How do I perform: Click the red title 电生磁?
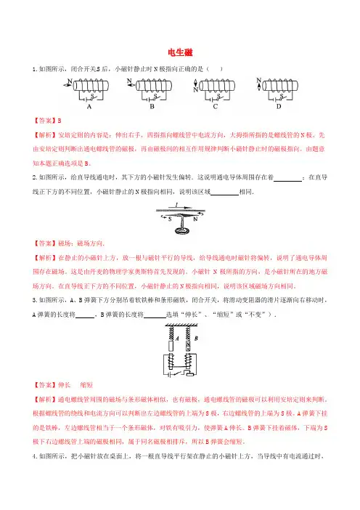tap(180, 52)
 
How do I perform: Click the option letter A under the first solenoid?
tap(89, 106)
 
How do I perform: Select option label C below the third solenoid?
tap(215, 106)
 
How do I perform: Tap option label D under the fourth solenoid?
tap(279, 106)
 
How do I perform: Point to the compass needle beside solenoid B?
tap(131, 85)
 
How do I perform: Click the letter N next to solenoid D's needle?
tap(258, 80)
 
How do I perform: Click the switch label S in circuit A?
tap(92, 96)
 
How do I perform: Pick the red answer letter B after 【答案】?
tap(60, 121)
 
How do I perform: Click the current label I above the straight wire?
tap(176, 205)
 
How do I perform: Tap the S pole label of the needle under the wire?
tap(170, 219)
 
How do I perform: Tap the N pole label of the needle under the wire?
tap(195, 219)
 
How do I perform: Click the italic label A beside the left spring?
tap(177, 339)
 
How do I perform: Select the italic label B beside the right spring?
tap(196, 339)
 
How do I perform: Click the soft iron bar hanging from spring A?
tap(171, 345)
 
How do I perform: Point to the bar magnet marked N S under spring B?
tap(188, 345)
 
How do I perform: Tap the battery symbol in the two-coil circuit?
tap(170, 374)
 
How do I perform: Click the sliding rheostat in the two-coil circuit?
tap(190, 373)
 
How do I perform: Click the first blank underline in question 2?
tap(287, 180)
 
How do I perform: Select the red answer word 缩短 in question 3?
tap(86, 385)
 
